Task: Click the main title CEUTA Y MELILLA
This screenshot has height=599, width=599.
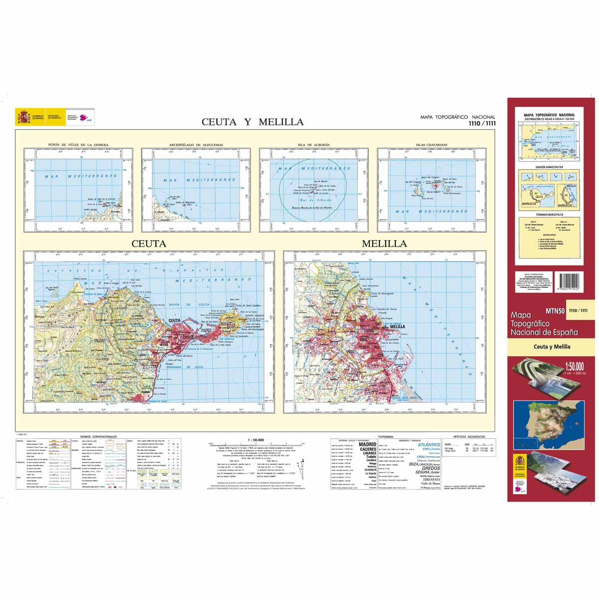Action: [x=252, y=122]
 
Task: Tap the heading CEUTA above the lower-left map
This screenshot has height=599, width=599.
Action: [x=148, y=244]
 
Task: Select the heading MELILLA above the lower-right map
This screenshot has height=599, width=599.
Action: [x=384, y=244]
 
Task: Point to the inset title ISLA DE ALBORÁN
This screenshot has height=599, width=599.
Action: [x=313, y=145]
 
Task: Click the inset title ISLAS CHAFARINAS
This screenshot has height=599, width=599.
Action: [x=431, y=145]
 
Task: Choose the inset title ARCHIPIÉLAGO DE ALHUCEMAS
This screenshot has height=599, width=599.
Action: [x=196, y=145]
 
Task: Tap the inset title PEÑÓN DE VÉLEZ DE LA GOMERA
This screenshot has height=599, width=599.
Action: [x=78, y=145]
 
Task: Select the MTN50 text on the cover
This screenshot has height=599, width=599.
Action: [x=555, y=311]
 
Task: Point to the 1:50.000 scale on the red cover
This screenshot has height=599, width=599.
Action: [x=574, y=367]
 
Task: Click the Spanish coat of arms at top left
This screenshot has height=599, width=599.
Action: [x=23, y=117]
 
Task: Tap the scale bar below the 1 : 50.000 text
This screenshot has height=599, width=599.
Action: [x=257, y=444]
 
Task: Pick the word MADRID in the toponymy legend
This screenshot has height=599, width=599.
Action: [x=367, y=444]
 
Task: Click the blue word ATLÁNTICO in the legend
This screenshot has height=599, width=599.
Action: [x=429, y=444]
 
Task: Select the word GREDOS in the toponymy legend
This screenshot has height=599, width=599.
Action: [x=431, y=469]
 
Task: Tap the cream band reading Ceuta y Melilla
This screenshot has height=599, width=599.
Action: [x=552, y=346]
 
